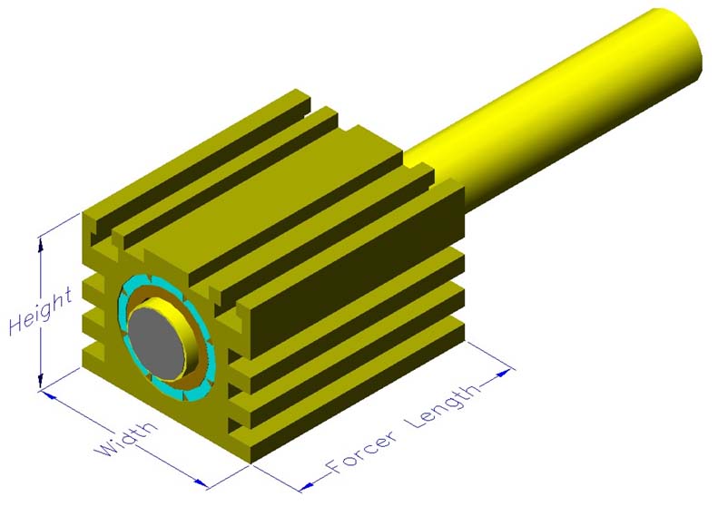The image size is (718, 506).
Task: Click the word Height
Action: click(40, 312)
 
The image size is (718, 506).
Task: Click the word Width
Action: click(126, 438)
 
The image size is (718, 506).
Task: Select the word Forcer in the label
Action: click(361, 451)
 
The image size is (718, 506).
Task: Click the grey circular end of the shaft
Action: click(155, 343)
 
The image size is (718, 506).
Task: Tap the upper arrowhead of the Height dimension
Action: click(41, 245)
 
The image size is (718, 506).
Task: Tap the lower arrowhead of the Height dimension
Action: click(41, 380)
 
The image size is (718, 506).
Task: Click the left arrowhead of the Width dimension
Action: click(49, 395)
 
